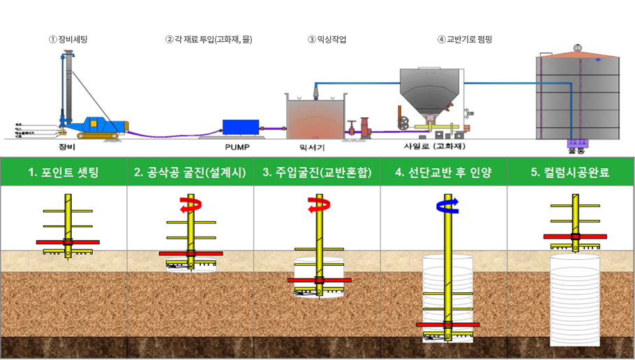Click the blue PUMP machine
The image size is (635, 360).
239,127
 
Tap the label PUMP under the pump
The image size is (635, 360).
237,147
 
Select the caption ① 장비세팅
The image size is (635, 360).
68,40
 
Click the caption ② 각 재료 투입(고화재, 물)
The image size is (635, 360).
209,40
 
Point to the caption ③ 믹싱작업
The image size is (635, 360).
327,40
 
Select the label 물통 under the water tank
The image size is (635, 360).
576,149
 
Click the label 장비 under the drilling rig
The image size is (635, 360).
67,147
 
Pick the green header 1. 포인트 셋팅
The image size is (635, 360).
63,172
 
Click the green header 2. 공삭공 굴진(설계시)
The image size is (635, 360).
190,172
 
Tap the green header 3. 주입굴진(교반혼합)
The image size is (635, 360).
317,172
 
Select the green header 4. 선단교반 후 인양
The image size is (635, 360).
443,172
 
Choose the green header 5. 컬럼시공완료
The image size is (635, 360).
570,172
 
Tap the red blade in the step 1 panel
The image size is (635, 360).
67,242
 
